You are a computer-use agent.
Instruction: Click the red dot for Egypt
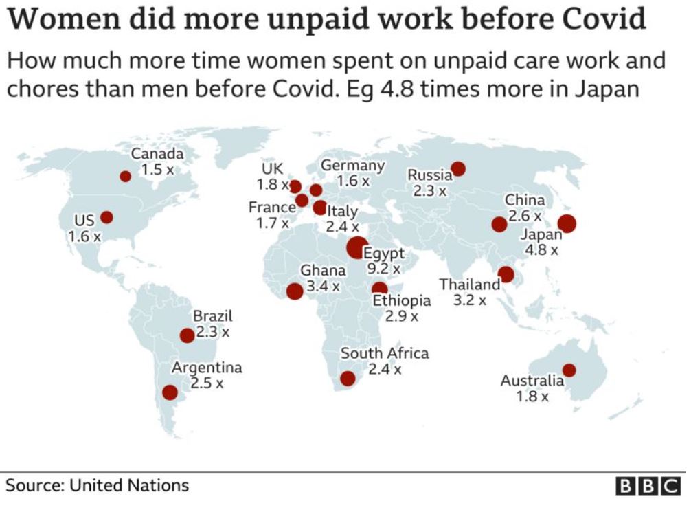point(356,247)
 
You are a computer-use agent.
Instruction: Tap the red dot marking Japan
point(567,223)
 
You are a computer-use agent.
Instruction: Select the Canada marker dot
point(125,177)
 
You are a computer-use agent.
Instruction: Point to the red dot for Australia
point(569,370)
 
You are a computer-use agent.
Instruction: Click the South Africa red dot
point(348,379)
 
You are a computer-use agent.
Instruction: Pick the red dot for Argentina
point(169,393)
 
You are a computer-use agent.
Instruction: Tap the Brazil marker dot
point(186,335)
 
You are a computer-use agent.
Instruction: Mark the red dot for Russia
point(458,168)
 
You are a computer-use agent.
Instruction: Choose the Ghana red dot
point(295,291)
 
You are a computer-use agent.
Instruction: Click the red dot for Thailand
point(506,275)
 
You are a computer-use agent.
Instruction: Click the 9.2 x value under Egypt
point(383,269)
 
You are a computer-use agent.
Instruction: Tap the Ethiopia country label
point(402,300)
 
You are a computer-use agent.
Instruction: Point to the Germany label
point(352,166)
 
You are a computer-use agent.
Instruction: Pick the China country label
point(525,201)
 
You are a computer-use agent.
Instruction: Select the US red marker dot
point(106,217)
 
